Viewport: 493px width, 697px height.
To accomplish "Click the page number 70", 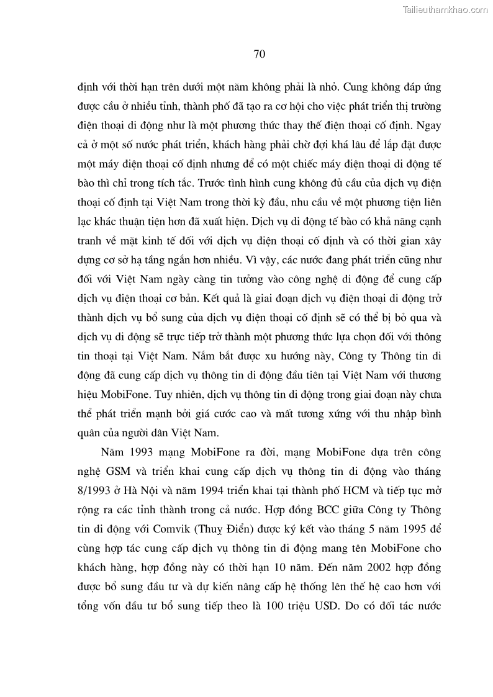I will [260, 54].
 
